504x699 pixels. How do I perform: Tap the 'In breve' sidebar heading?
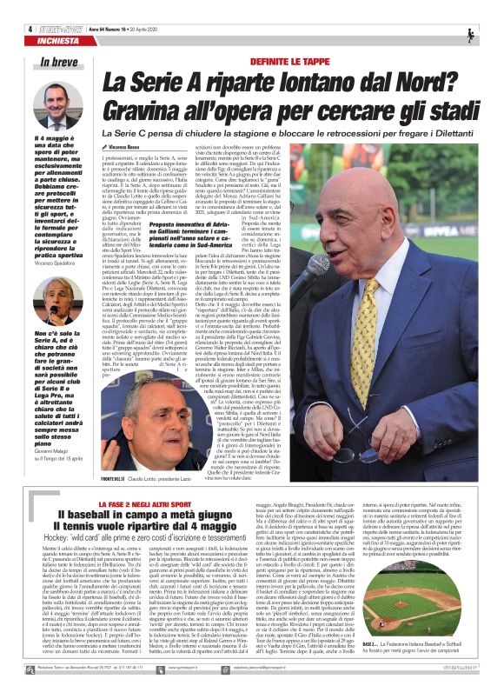click(57, 62)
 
